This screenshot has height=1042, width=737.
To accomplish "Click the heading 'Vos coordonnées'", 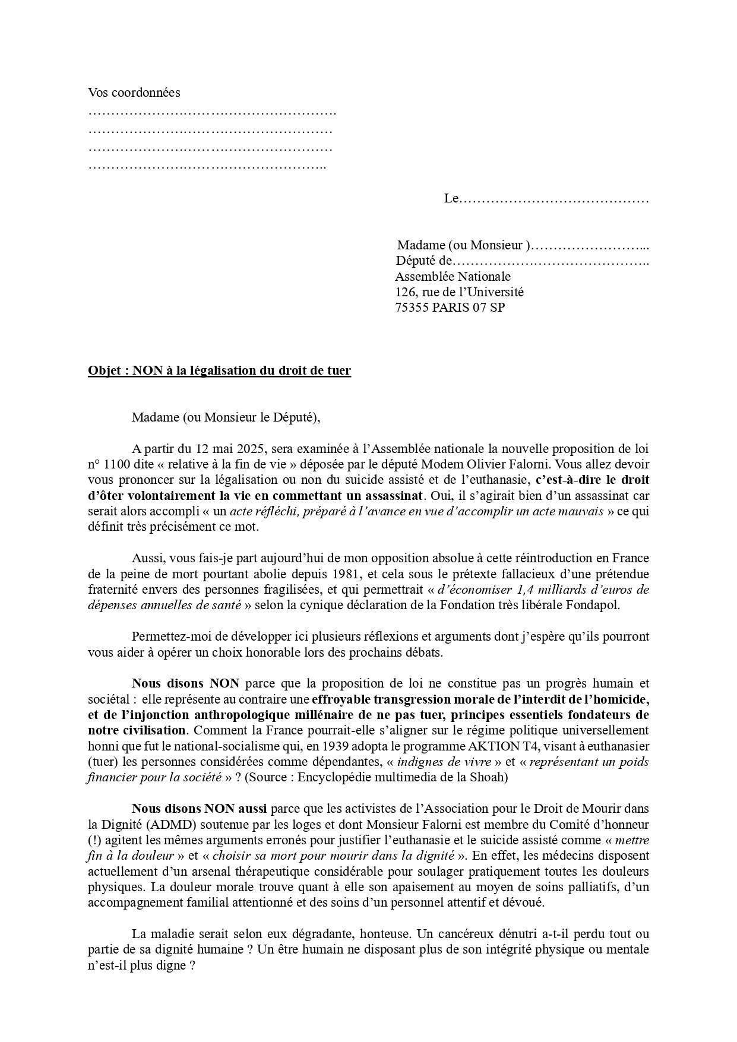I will pyautogui.click(x=134, y=93).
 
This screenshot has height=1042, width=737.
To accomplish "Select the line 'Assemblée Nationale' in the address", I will pyautogui.click(x=453, y=277).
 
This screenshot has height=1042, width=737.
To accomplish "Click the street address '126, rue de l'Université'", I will pyautogui.click(x=459, y=292).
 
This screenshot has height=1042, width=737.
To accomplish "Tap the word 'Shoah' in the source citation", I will pyautogui.click(x=492, y=777).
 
